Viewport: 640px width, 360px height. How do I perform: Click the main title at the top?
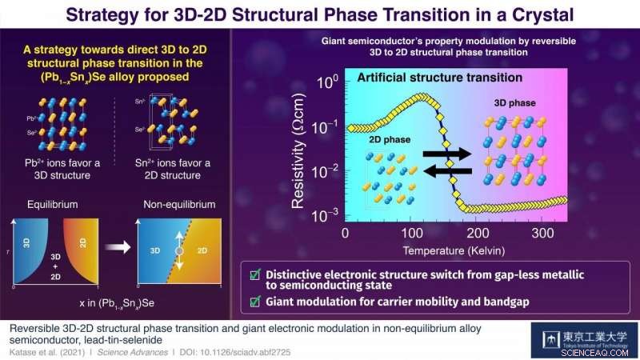[x=320, y=14]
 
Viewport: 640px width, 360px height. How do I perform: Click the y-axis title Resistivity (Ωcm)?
[x=298, y=150]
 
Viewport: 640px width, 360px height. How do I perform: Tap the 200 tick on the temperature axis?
[x=478, y=232]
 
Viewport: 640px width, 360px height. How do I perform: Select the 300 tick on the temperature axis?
[x=544, y=232]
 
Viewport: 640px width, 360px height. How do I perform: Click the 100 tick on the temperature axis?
[x=410, y=232]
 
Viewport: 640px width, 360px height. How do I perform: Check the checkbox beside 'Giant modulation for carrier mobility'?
[x=254, y=302]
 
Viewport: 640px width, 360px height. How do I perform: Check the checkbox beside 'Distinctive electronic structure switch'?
[x=254, y=275]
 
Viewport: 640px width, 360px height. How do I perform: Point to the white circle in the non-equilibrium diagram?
[x=181, y=250]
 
